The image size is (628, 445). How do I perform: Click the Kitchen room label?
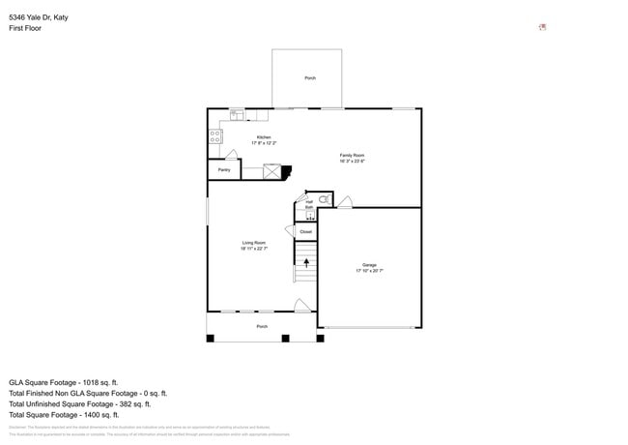click(264, 137)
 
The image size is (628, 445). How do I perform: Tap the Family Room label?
click(352, 155)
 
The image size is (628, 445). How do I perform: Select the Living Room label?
click(254, 243)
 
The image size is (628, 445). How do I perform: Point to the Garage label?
click(369, 264)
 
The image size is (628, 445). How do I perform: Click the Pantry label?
click(223, 170)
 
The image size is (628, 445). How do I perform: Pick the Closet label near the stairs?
click(305, 232)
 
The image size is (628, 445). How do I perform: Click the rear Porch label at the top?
click(310, 78)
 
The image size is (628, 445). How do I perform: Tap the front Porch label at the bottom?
click(262, 327)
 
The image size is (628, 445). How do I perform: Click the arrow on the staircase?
click(306, 259)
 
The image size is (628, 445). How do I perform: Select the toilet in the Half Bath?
click(324, 200)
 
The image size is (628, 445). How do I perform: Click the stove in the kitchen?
click(214, 136)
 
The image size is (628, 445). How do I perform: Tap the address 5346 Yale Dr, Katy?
click(39, 16)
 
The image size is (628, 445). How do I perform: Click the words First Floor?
click(25, 28)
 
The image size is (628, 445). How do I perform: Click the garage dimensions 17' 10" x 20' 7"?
click(369, 271)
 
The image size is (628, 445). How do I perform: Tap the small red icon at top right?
click(542, 27)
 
